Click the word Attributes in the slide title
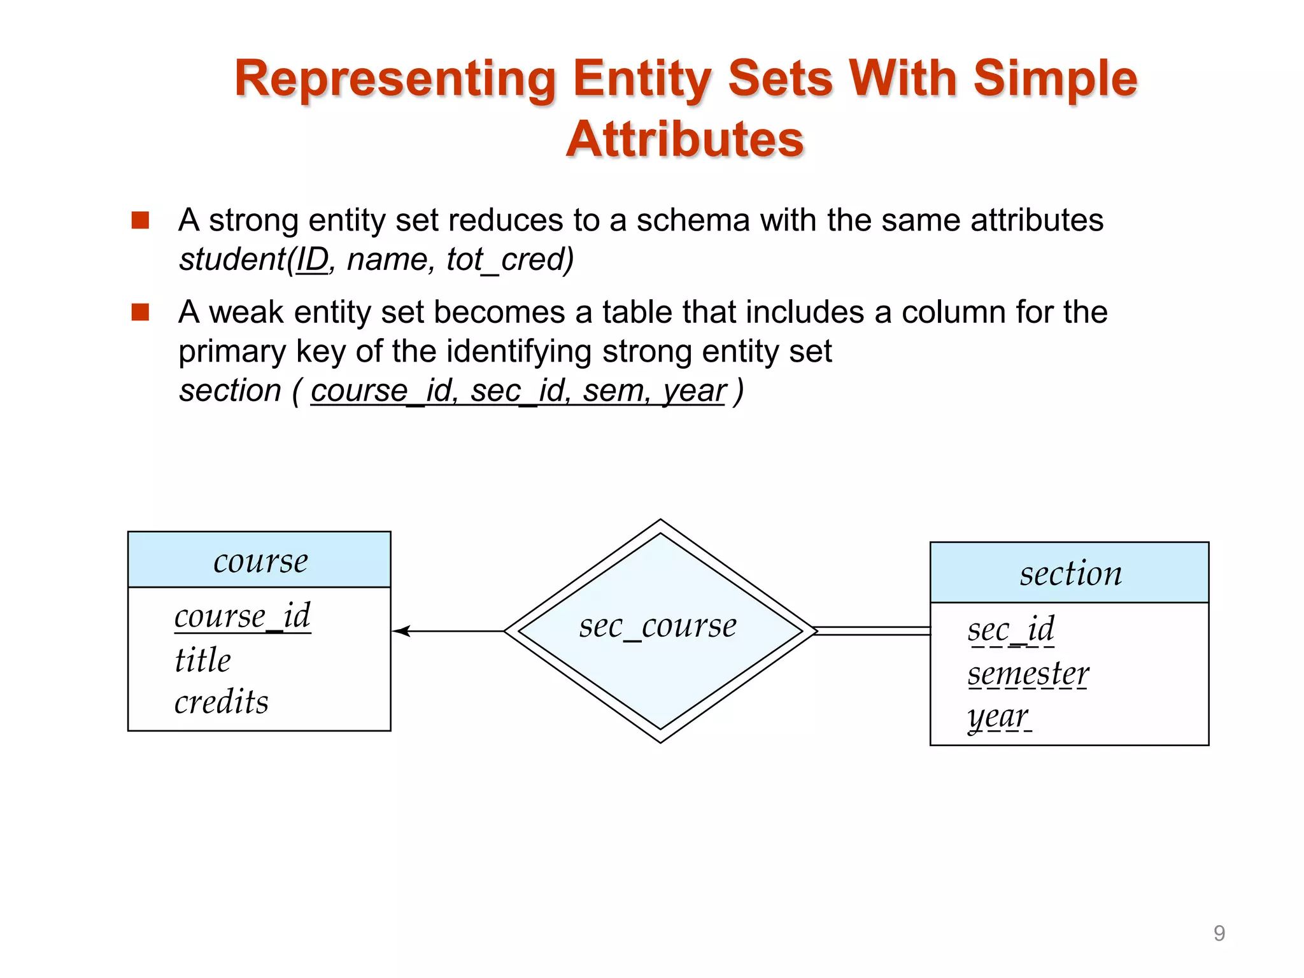(685, 139)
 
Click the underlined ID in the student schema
(312, 260)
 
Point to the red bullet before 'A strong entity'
(140, 220)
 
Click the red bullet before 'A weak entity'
(140, 313)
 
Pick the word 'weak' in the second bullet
(246, 313)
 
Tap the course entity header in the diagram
(260, 561)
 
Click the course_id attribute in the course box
(243, 616)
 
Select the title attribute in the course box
(202, 660)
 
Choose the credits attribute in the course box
(222, 702)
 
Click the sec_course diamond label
(658, 626)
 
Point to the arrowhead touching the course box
(401, 631)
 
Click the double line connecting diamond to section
(872, 631)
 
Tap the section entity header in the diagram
(1070, 573)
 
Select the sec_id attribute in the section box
(1011, 629)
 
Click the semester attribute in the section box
(1028, 674)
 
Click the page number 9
(1219, 933)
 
